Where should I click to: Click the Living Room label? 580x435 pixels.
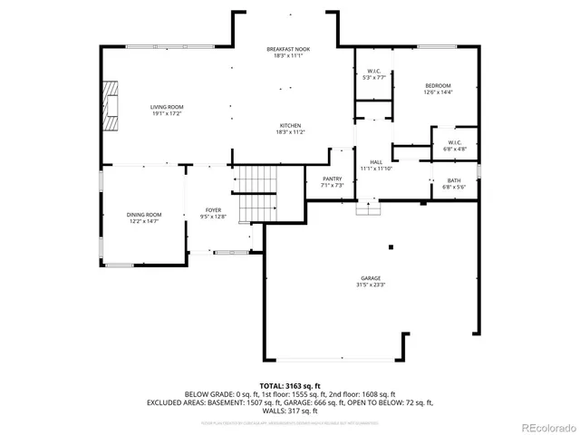pos(166,107)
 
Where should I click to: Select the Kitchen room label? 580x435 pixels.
pos(290,125)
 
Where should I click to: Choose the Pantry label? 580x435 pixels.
pos(332,179)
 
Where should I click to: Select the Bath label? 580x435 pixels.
pos(453,180)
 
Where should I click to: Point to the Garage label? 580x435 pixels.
pos(370,279)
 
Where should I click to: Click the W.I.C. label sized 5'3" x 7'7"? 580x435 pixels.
pos(373,72)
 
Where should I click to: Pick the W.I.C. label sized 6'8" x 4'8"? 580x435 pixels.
pos(455,142)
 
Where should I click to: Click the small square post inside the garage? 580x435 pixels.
pos(391,246)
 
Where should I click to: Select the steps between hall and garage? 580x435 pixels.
pos(366,208)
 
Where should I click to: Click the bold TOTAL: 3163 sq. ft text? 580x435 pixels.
pos(290,385)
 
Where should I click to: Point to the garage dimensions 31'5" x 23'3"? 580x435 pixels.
pos(370,285)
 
